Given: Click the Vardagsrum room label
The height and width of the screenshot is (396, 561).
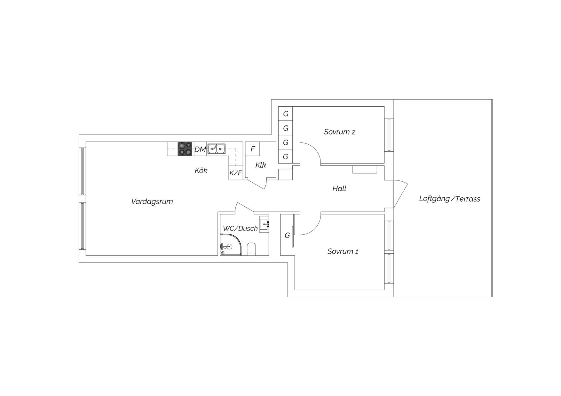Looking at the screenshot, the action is [x=152, y=202].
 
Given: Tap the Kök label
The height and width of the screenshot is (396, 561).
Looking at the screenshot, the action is [x=201, y=171].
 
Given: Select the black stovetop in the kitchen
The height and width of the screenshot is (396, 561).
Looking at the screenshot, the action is [x=185, y=149].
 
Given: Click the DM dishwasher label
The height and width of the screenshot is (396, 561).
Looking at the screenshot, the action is [x=200, y=149].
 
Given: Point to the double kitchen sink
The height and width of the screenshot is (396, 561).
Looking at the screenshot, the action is [x=217, y=149].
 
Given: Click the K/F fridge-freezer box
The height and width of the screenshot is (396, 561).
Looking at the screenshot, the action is [x=236, y=173].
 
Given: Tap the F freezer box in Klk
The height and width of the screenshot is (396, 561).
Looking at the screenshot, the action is [x=252, y=149].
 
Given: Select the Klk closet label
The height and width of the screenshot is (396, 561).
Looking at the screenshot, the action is [x=261, y=165].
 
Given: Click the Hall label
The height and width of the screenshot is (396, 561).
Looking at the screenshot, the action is [x=339, y=188].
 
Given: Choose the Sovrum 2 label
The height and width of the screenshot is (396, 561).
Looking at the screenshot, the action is [x=339, y=132].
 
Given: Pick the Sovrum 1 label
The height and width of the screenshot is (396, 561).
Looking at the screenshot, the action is [x=343, y=251].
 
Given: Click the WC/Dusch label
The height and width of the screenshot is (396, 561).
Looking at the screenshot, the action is [x=240, y=228].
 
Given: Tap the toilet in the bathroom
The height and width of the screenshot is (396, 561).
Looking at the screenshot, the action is [x=252, y=249].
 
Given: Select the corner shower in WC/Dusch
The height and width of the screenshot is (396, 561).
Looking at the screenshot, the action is [x=231, y=245].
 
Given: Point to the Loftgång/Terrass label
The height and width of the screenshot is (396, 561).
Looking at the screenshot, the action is [x=450, y=199].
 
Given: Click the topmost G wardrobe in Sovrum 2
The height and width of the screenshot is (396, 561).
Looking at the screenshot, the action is [x=285, y=113].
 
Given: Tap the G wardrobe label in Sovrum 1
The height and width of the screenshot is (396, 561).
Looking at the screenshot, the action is [x=287, y=236].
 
